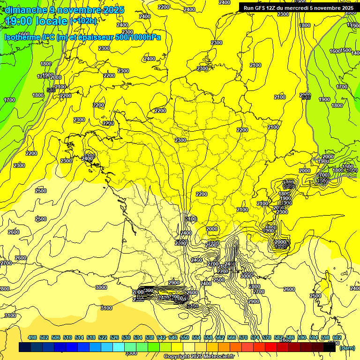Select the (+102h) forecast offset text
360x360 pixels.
[83, 21]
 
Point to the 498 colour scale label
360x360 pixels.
[32, 337]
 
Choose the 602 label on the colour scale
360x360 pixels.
[337, 337]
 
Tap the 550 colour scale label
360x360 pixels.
[185, 337]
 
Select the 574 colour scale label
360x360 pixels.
[255, 337]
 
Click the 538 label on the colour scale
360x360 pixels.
[150, 337]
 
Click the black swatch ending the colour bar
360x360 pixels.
[329, 347]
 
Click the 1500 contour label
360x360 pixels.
[346, 50]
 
